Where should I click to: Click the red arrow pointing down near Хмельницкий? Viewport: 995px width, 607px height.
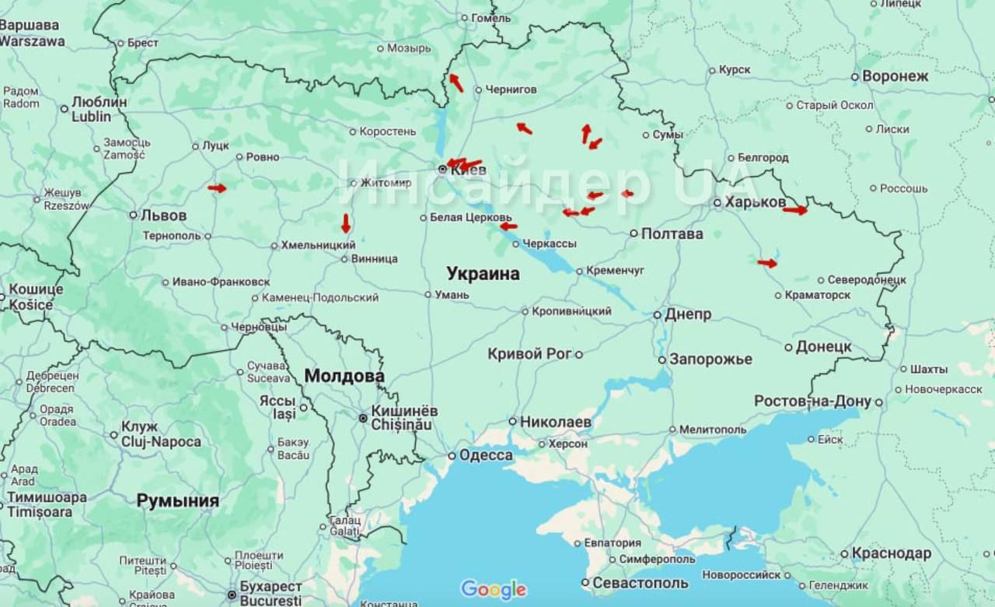346,223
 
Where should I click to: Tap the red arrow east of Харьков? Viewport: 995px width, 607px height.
794,210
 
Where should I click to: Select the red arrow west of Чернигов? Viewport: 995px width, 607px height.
456,82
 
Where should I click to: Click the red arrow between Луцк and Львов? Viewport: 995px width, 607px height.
217,188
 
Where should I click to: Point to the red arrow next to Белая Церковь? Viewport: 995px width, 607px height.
508,226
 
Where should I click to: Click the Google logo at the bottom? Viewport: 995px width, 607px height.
494,590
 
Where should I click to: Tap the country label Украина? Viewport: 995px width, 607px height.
483,274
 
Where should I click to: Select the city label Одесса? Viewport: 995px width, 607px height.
485,455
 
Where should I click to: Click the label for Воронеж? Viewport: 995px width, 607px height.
895,76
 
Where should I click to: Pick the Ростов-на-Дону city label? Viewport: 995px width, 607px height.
813,402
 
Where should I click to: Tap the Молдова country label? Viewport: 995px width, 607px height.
344,376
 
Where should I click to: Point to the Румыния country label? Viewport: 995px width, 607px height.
177,501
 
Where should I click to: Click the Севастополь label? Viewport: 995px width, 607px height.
640,583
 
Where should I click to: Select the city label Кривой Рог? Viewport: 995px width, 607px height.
529,354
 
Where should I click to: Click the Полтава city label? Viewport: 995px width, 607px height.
672,233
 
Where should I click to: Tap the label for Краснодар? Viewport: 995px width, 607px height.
891,553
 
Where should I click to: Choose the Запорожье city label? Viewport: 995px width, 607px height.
710,360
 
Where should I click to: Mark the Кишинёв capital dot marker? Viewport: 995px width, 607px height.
363,418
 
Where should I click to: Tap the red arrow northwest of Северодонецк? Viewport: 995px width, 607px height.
767,263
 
